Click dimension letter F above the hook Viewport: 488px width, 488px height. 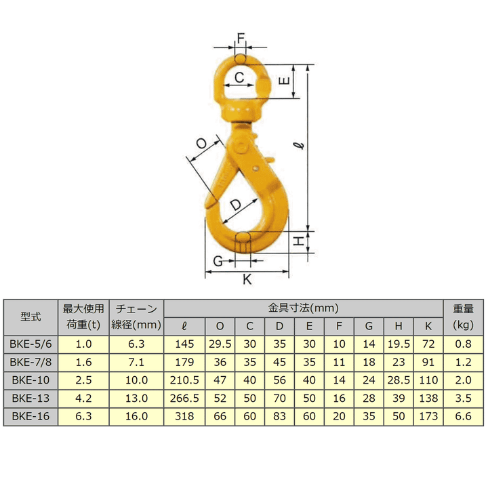click(241, 38)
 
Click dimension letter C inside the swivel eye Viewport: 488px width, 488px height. click(239, 77)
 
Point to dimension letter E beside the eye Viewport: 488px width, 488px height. click(284, 81)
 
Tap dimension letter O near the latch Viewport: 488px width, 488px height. click(202, 144)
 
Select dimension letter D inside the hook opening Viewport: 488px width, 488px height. click(236, 205)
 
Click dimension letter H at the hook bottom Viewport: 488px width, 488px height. click(299, 241)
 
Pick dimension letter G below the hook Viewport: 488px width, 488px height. click(218, 261)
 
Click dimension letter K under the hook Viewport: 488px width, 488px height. click(247, 279)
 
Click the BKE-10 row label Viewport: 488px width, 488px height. click(30, 380)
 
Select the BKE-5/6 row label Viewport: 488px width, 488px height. click(30, 344)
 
